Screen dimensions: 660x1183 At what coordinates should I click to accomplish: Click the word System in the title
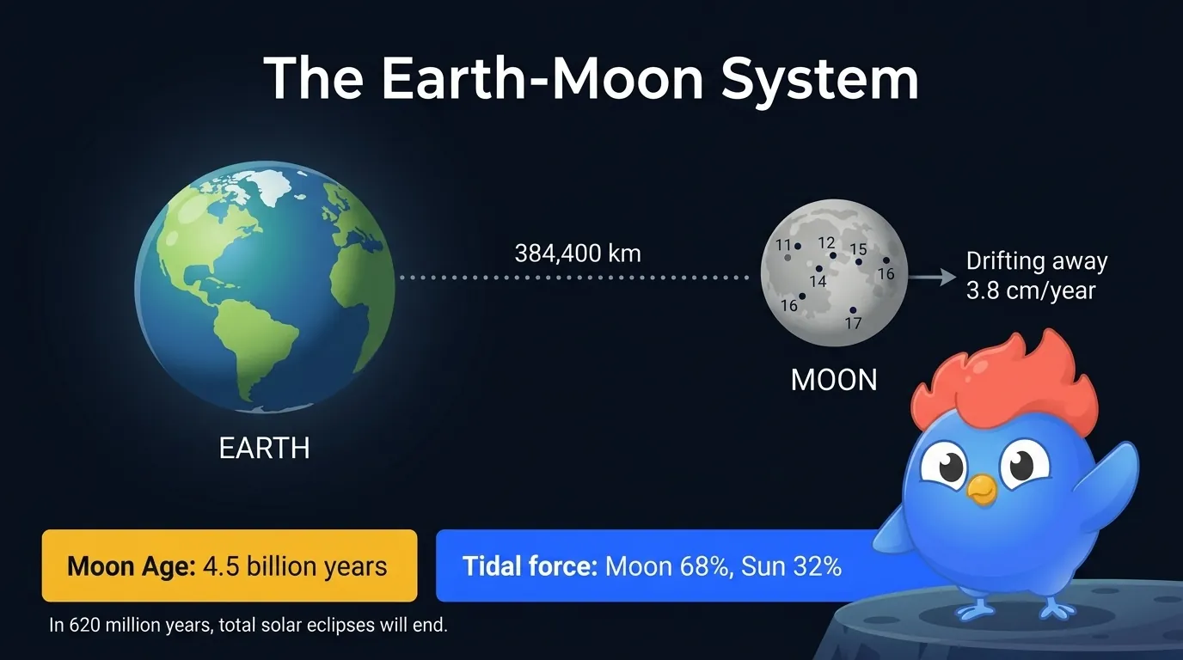[820, 79]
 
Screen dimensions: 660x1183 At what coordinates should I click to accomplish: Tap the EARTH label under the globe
[264, 448]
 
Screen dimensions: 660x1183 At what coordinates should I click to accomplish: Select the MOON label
[834, 379]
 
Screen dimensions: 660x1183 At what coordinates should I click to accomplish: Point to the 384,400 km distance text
[578, 254]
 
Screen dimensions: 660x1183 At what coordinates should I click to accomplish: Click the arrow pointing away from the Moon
[934, 277]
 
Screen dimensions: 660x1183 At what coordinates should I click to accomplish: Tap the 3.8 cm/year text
[1031, 290]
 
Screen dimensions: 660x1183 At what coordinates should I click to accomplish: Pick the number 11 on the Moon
[783, 245]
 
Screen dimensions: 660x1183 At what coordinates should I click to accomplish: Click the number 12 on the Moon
[826, 242]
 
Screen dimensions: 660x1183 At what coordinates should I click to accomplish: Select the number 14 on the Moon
[818, 281]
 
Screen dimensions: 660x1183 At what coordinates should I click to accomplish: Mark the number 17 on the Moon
[853, 323]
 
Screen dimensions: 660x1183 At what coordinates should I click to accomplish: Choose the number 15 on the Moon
[858, 249]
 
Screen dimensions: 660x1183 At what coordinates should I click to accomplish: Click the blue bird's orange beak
[981, 489]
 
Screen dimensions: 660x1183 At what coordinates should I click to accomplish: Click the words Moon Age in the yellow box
[132, 566]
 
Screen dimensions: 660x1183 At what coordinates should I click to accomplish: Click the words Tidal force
[530, 566]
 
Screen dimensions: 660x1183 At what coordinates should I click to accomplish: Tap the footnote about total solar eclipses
[248, 625]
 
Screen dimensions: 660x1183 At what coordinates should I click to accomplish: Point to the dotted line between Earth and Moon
[576, 278]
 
